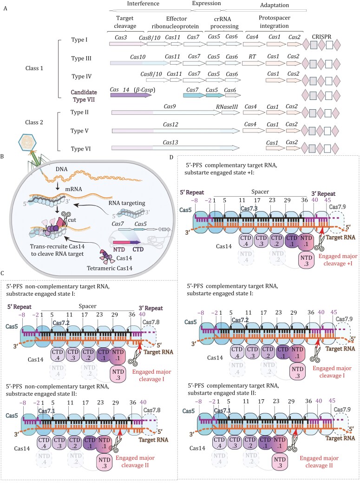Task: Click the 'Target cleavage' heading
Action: [x=120, y=23]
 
